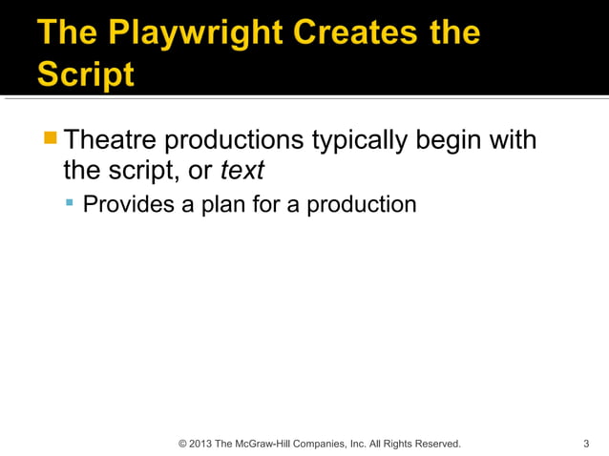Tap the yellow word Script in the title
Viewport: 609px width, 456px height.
coord(86,73)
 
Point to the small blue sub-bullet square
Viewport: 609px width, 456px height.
coord(69,203)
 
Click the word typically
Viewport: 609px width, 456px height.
coord(360,140)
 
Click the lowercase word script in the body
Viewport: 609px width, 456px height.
coord(134,172)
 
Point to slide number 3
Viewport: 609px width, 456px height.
coord(585,444)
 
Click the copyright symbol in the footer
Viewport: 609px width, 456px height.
coord(183,444)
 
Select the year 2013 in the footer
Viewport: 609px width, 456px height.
coord(200,444)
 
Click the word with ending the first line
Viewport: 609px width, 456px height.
coord(511,140)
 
